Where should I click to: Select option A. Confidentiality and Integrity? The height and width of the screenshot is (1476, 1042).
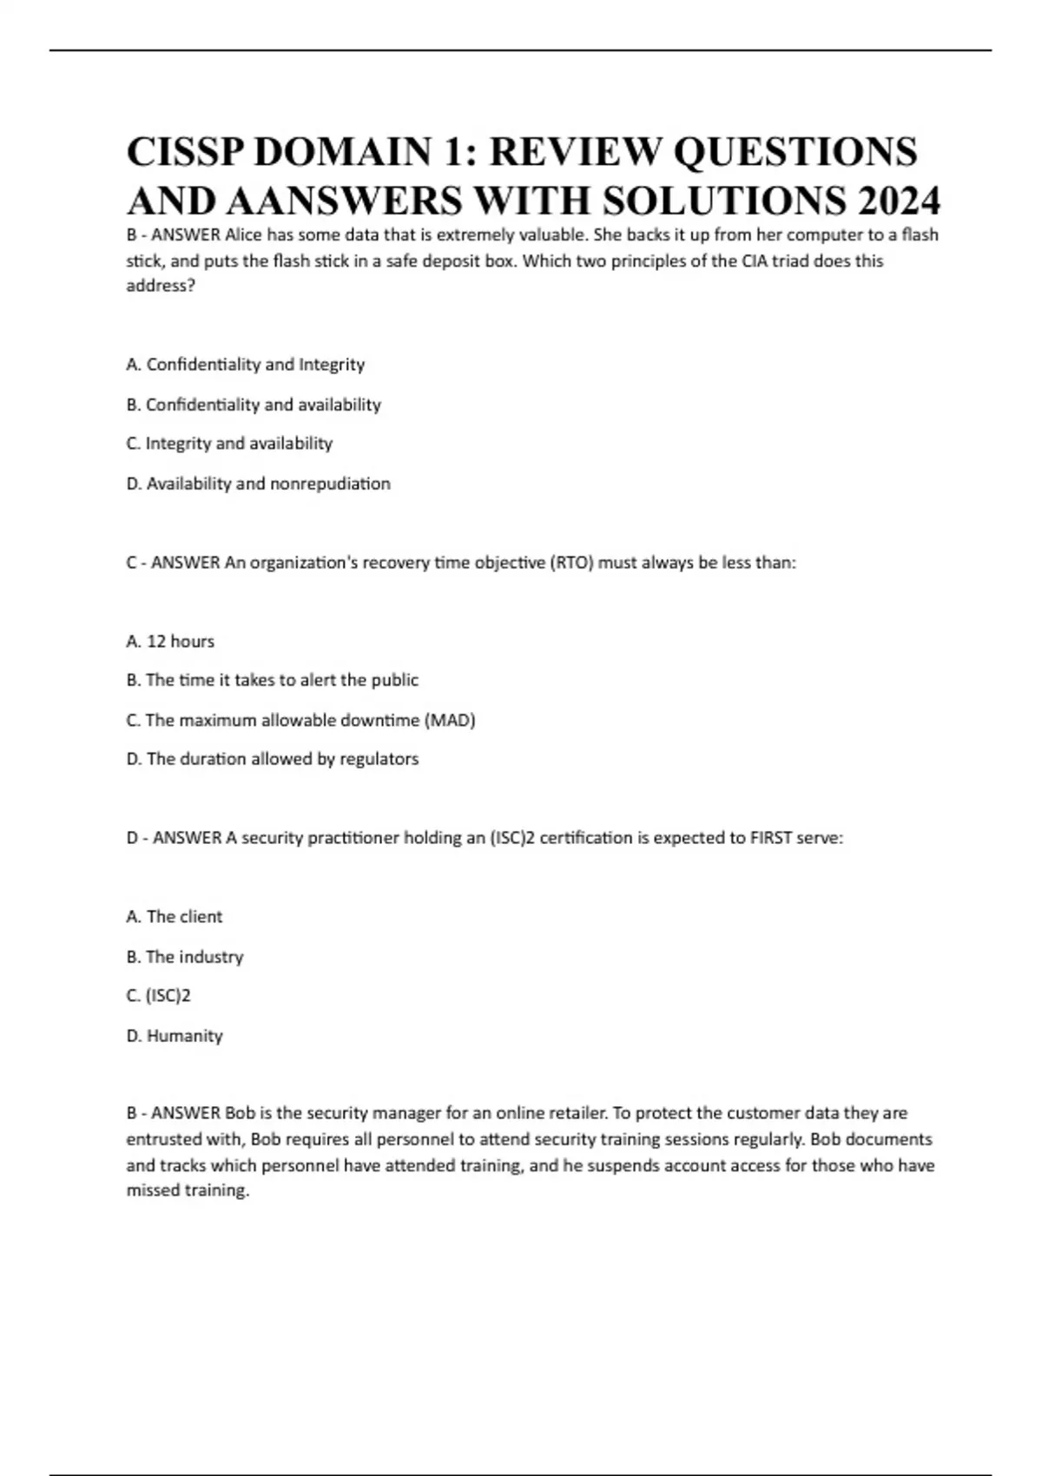[245, 365]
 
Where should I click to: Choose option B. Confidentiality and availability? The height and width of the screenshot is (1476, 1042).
[254, 405]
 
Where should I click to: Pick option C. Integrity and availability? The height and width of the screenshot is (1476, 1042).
[229, 444]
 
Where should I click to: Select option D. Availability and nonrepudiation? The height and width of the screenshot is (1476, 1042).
[258, 484]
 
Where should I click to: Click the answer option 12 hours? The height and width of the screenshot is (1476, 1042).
[170, 642]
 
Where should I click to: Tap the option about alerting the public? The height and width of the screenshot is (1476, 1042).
[273, 680]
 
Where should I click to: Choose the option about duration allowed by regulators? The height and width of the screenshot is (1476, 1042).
[273, 759]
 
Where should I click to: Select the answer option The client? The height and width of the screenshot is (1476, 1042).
[175, 917]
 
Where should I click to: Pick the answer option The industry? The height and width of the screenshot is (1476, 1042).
[185, 957]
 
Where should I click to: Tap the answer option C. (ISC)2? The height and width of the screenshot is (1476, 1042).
[158, 996]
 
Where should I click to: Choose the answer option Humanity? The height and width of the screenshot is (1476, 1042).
[175, 1036]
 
